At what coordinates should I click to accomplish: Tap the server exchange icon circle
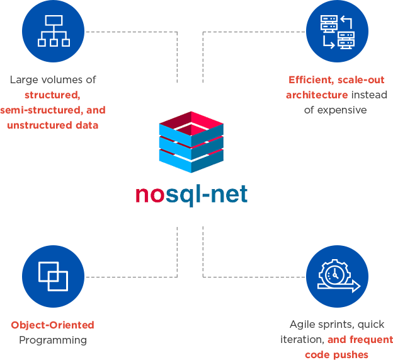coord(337,31)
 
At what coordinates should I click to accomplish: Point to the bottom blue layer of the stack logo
coord(190,163)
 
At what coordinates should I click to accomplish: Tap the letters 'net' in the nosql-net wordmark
coord(228,194)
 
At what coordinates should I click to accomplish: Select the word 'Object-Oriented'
coord(53,325)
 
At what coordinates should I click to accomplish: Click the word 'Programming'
coord(53,340)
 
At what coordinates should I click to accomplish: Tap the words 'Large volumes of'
coord(53,80)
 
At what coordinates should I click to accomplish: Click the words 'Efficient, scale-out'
coord(336,80)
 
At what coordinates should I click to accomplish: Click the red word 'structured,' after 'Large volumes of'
coord(53,95)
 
